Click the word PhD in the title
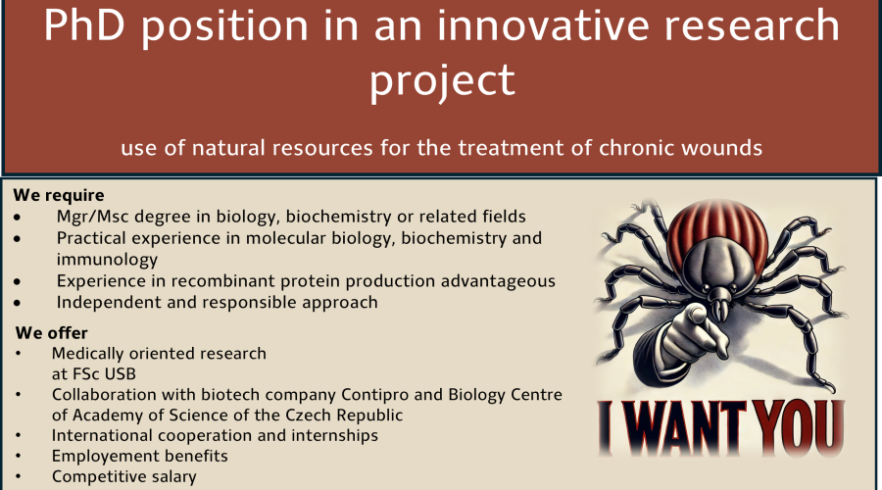click(x=84, y=25)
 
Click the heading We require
click(x=59, y=195)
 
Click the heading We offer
click(x=52, y=333)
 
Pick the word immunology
click(x=107, y=260)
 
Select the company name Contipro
click(x=375, y=395)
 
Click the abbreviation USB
click(x=120, y=374)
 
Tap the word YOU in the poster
click(x=799, y=427)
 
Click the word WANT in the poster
click(x=686, y=427)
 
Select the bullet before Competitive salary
click(x=19, y=476)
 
